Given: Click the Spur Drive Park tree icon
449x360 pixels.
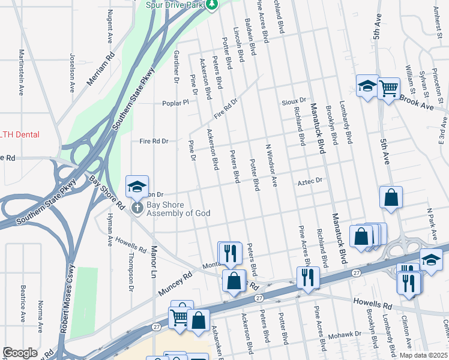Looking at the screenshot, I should [211, 5].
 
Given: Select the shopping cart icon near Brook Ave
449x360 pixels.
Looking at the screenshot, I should [389, 89].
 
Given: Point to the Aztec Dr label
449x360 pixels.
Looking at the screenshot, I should [310, 180].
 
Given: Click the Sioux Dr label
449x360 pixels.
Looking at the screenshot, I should [294, 101].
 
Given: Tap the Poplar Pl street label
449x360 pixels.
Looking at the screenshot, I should [175, 103].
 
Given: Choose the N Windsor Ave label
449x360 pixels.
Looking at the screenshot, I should [271, 165].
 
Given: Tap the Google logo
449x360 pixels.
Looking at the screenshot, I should [19, 353].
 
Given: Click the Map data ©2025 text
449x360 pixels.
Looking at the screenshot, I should [423, 355].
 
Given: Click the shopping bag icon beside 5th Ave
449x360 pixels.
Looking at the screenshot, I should [391, 197].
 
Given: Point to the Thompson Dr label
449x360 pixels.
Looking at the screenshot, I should [131, 275].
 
